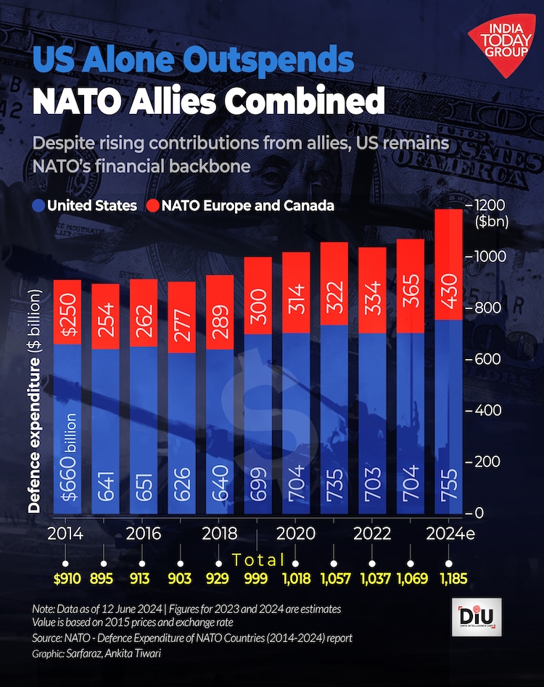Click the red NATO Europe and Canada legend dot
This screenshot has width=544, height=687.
coord(153,205)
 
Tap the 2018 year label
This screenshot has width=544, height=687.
coord(220,534)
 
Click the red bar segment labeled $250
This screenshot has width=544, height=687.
coord(67,312)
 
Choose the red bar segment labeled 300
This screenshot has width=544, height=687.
coord(258,296)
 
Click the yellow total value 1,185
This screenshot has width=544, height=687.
coord(448,579)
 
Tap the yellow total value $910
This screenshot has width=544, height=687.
coord(67,579)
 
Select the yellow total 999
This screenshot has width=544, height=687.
coord(257,579)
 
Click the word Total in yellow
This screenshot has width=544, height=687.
coord(258,559)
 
